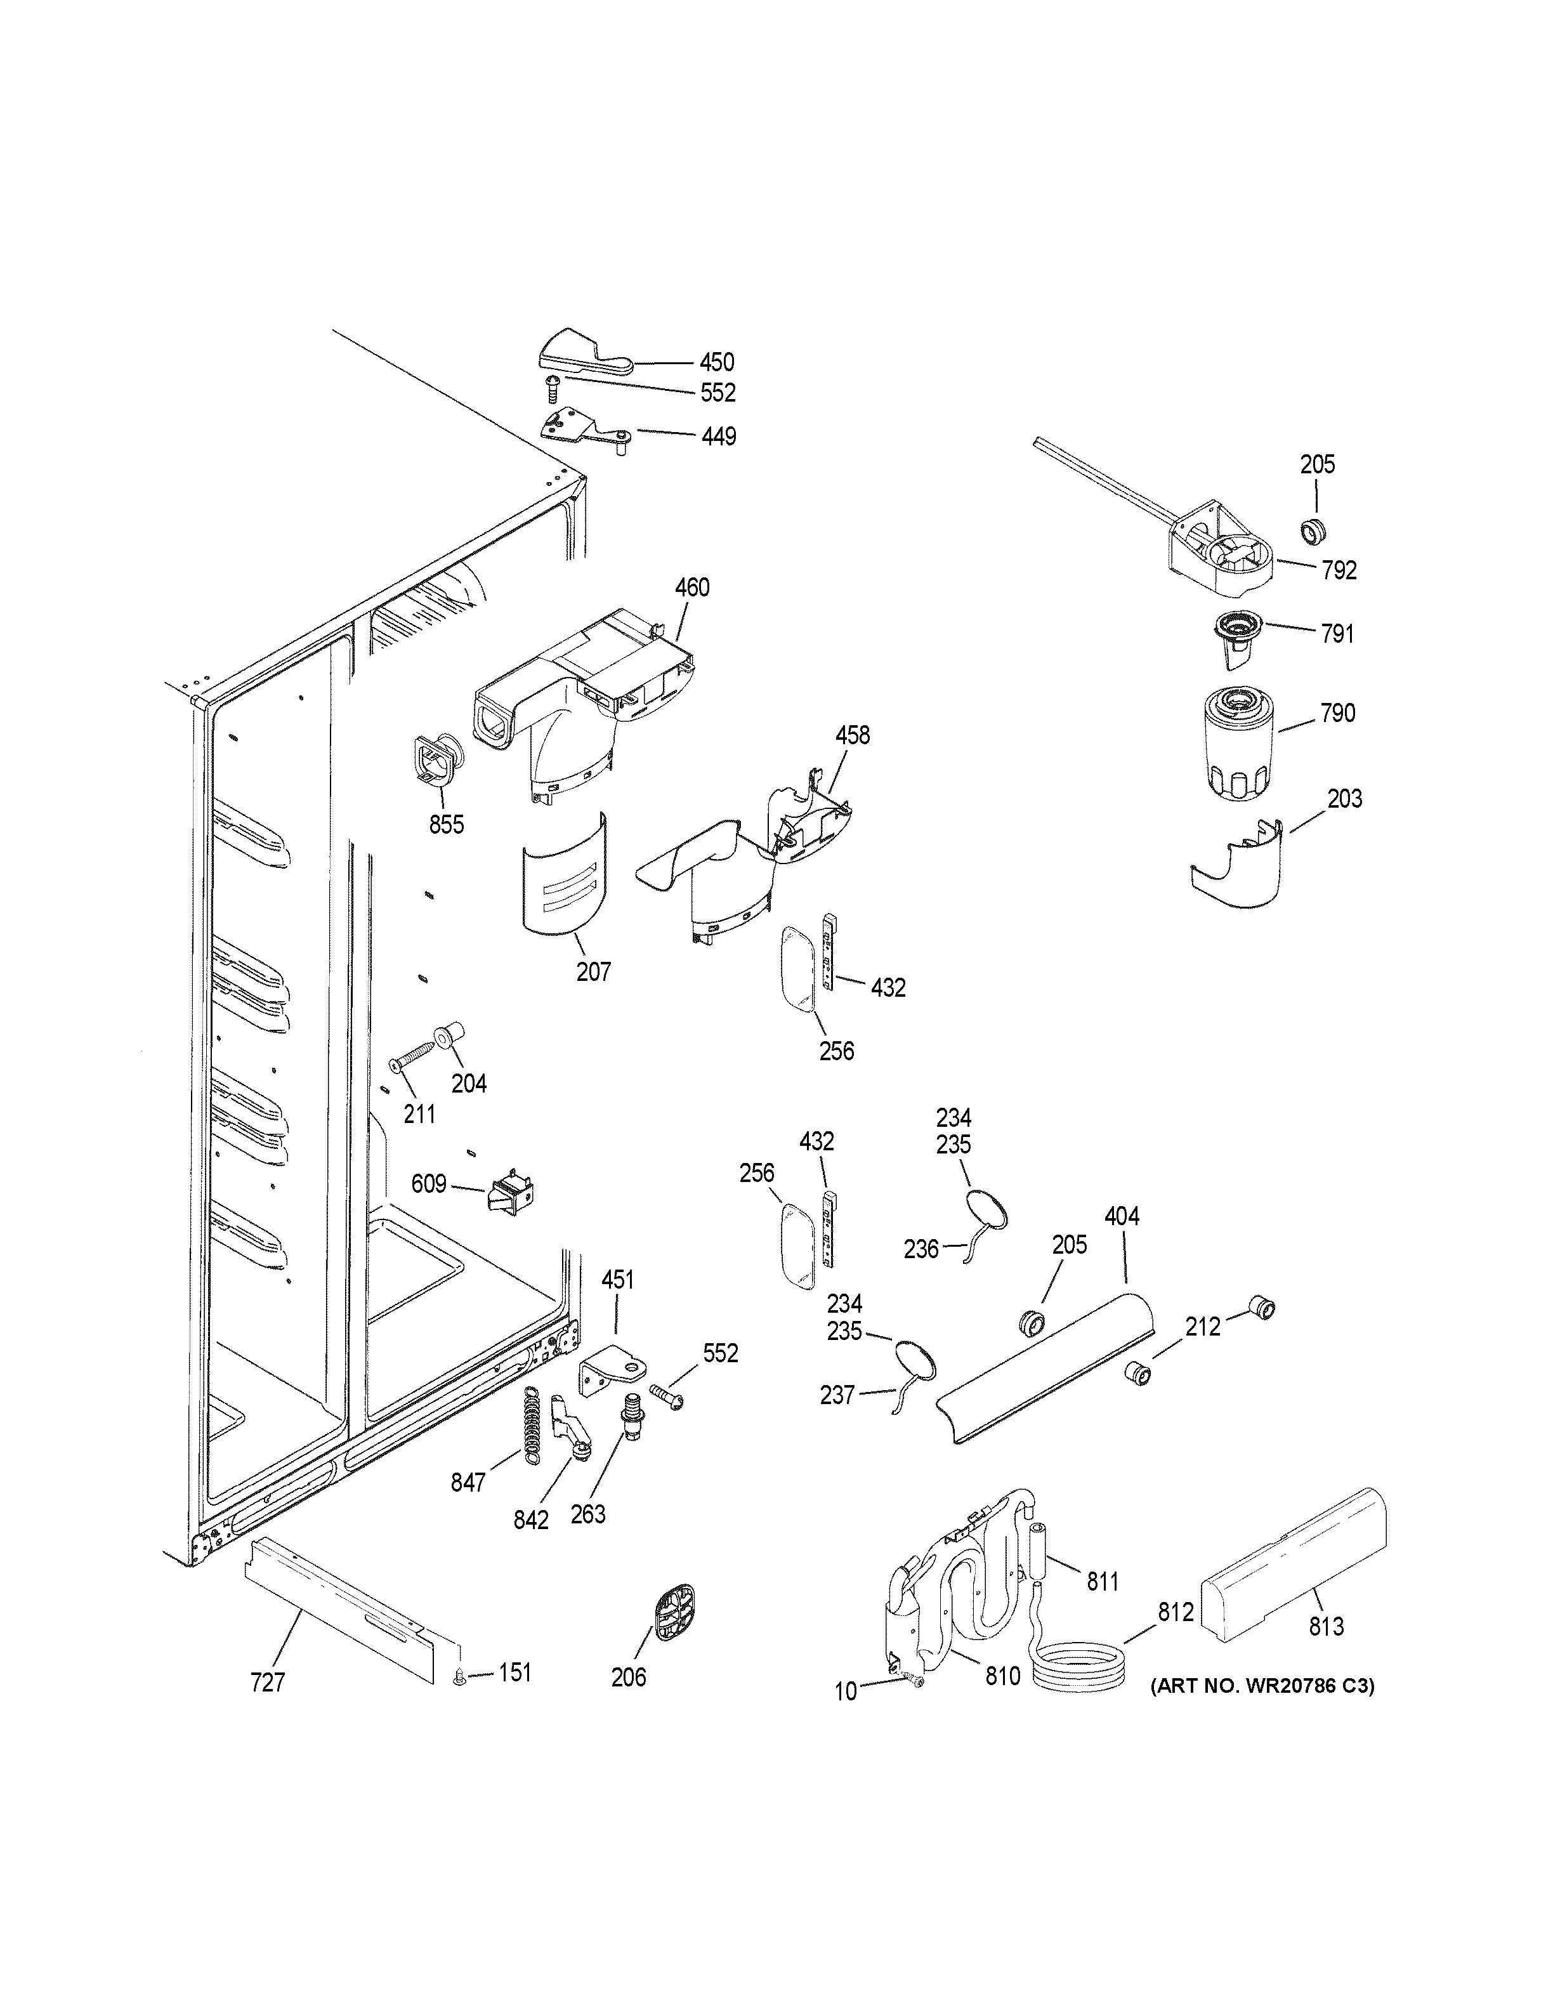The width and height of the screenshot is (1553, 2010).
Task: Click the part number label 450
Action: tap(717, 362)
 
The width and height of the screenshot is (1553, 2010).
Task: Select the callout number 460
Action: tap(692, 587)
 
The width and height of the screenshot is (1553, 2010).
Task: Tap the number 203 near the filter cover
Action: tap(1344, 799)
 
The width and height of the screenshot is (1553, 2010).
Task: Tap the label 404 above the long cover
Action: tap(1122, 1217)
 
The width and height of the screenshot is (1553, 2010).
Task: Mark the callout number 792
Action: tap(1339, 570)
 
